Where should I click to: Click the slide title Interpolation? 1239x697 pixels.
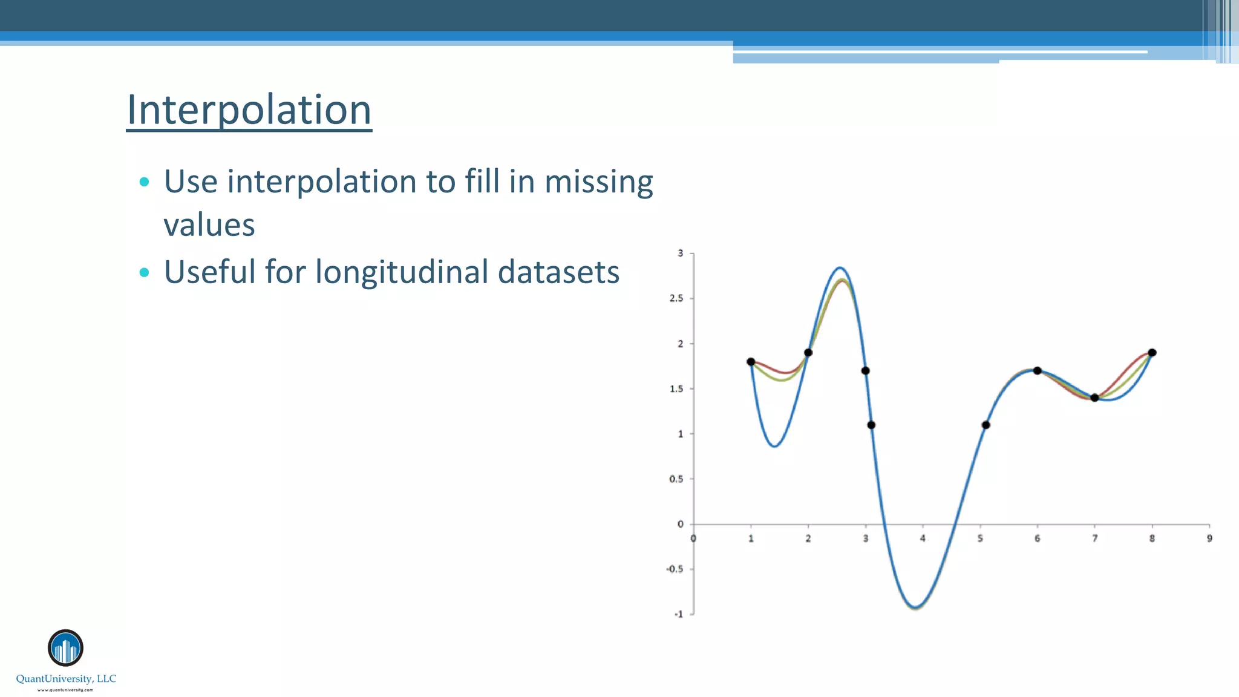tap(249, 110)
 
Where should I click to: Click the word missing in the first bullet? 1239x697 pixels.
tap(598, 182)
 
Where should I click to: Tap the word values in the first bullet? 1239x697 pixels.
tap(209, 225)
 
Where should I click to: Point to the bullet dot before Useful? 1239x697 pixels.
tap(144, 272)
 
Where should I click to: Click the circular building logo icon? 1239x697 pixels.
tap(65, 648)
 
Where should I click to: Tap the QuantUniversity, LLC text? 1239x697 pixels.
tap(66, 679)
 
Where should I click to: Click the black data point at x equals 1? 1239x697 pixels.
tap(751, 362)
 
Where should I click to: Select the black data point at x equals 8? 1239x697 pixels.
tap(1152, 353)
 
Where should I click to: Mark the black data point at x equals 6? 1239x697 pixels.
tap(1037, 371)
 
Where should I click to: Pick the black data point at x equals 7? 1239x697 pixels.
tap(1094, 398)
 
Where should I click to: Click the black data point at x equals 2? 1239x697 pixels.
tap(808, 353)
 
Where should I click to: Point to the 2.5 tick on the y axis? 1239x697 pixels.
tap(676, 298)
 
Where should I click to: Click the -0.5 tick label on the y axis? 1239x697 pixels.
tap(674, 569)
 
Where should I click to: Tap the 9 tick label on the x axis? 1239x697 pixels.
tap(1209, 538)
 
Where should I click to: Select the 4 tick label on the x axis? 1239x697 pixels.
tap(923, 538)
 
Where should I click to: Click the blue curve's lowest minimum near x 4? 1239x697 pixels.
tap(916, 607)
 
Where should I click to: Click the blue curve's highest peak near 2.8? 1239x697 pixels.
tap(840, 267)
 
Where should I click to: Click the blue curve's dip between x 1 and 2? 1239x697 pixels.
tap(775, 447)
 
